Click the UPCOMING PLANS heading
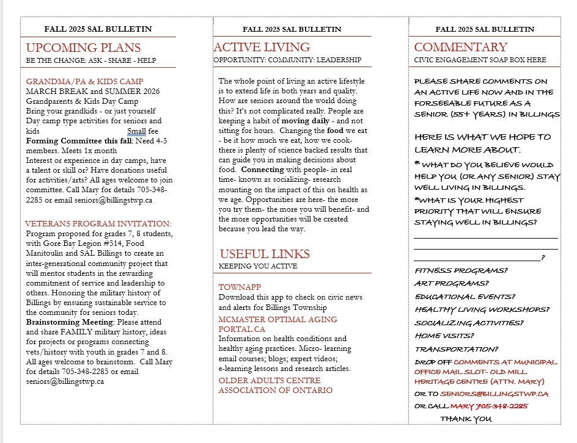(83, 48)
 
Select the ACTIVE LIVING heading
(262, 47)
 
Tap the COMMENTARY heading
(460, 47)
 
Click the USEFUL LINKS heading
(265, 254)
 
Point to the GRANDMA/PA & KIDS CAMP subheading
(84, 82)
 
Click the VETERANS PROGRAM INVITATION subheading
(98, 224)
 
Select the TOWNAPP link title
(240, 287)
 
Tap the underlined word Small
(136, 131)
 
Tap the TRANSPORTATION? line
(457, 349)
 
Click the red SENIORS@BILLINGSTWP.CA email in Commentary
(494, 394)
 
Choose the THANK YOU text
(466, 419)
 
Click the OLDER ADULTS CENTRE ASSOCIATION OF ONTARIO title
(276, 385)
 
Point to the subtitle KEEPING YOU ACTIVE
(258, 266)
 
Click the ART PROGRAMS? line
(451, 283)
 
